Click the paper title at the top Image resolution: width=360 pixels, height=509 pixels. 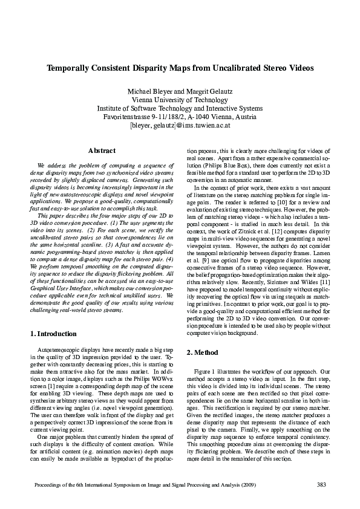(180, 69)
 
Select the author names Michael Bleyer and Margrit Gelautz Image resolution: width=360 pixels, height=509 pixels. (180, 91)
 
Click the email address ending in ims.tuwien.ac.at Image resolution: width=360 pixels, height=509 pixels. (180, 126)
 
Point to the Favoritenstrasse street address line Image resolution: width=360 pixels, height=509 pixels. (180, 117)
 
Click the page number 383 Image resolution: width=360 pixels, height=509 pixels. (321, 485)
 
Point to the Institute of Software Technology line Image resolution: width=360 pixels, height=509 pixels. (180, 109)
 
